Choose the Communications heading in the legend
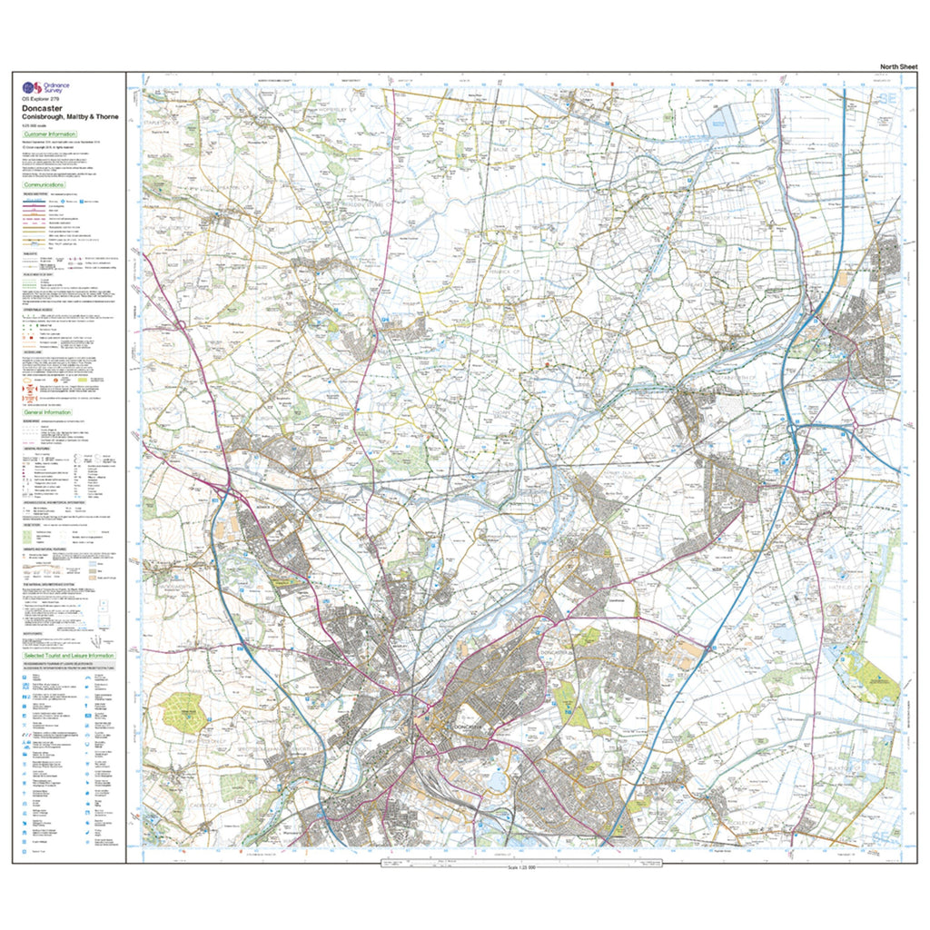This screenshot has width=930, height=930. click(50, 184)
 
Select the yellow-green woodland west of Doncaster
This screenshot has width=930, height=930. click(184, 711)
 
